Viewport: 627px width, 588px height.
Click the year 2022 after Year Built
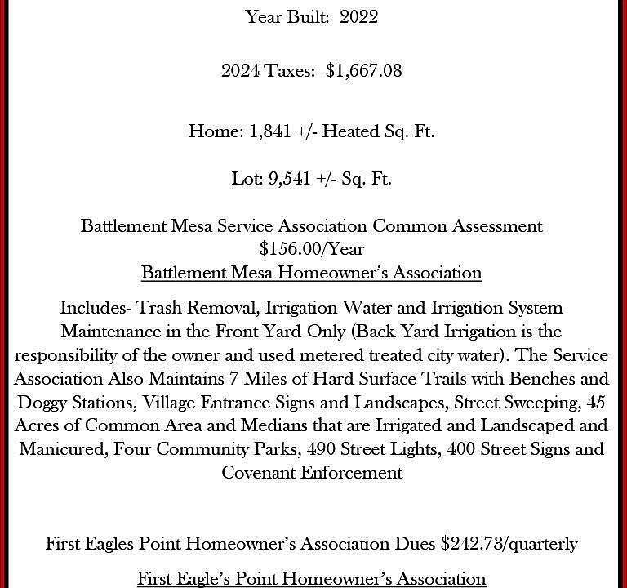(x=358, y=17)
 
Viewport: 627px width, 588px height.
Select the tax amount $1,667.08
(x=363, y=71)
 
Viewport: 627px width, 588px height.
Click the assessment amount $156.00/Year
(x=311, y=248)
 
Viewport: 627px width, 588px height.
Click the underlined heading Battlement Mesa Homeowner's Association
(x=311, y=272)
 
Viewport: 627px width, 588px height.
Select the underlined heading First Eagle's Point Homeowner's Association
(x=311, y=578)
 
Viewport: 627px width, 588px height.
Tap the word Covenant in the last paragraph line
(x=260, y=472)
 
